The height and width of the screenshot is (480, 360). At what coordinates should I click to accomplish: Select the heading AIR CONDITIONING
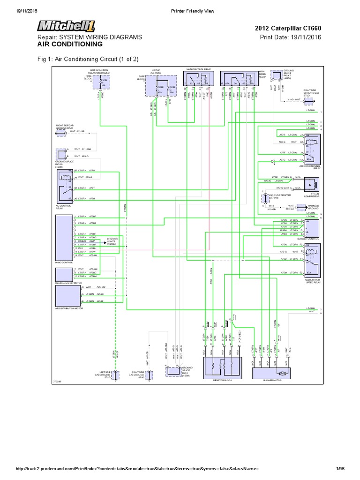tap(70, 44)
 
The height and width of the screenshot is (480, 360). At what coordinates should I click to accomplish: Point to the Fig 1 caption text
tap(88, 59)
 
